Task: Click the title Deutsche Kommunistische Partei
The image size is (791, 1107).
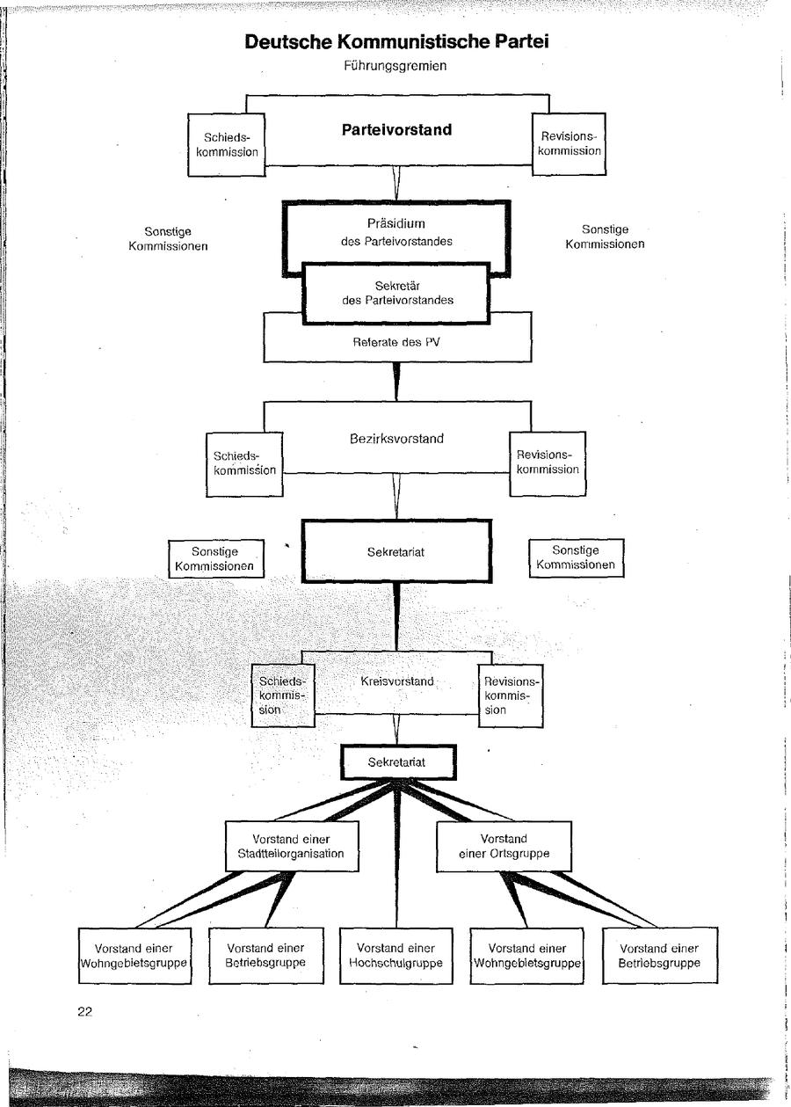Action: pos(397,42)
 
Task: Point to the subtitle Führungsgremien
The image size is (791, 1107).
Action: pos(396,66)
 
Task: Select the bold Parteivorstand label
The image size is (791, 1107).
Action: pos(396,130)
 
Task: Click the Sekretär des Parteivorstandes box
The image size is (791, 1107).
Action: pos(396,292)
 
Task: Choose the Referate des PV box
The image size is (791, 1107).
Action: pos(396,343)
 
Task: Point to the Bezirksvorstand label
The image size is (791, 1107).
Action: pos(396,439)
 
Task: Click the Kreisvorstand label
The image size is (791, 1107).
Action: pos(396,681)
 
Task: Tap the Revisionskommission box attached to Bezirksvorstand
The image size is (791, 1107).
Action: pos(548,462)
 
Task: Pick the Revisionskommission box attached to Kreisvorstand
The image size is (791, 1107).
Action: pos(510,695)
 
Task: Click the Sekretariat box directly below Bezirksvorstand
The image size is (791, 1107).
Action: pos(396,551)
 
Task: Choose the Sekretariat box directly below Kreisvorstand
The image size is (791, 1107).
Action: pos(397,762)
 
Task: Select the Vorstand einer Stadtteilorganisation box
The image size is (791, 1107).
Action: pos(291,846)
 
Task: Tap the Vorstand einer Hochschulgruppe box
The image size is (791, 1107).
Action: pos(396,955)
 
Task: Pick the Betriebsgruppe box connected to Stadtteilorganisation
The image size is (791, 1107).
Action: pos(265,955)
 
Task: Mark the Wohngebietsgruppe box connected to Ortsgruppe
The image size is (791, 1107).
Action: pos(527,955)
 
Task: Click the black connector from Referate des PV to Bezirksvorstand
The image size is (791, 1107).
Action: pos(396,381)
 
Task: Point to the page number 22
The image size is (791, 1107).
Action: pos(84,1011)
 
